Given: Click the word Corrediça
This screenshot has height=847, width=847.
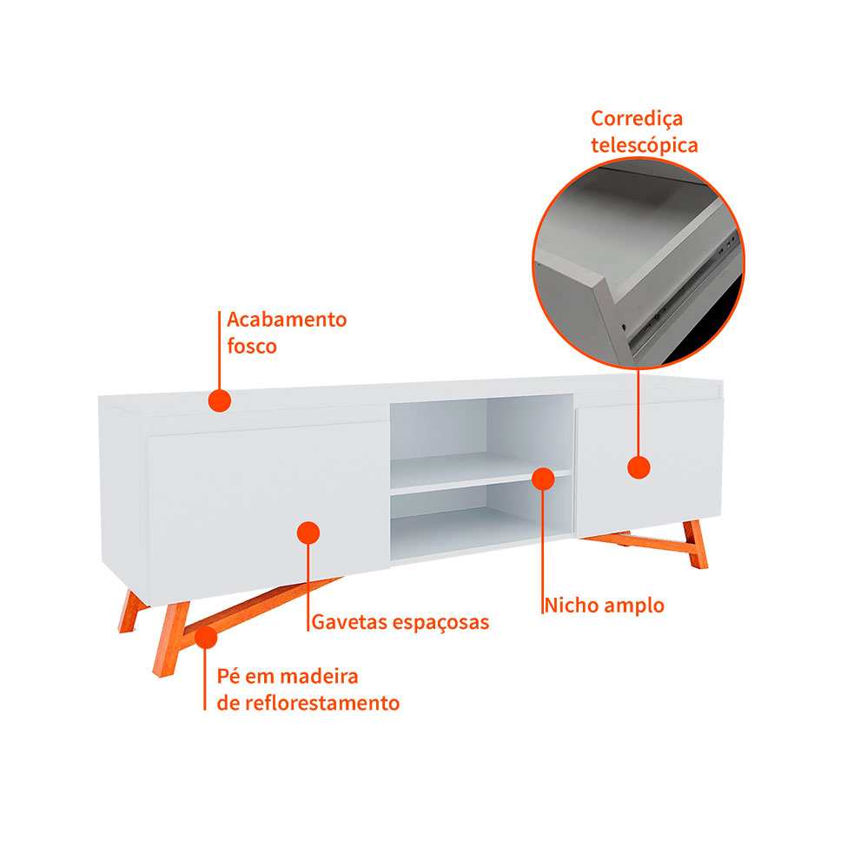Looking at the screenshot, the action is [x=636, y=119].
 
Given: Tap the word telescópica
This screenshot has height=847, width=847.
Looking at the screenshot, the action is [x=644, y=145].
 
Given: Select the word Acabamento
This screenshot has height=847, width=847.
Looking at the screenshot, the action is [x=287, y=319].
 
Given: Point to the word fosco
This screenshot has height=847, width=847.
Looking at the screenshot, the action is [x=252, y=346].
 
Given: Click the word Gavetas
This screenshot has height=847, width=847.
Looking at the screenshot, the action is [x=349, y=622].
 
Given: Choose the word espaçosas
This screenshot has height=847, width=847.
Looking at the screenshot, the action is [x=440, y=623].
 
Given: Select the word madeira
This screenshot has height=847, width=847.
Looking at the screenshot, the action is [x=319, y=677].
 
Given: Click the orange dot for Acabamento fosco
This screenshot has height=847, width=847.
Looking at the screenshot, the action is [x=219, y=400].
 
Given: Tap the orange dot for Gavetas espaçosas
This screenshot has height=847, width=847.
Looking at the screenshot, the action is [x=308, y=533].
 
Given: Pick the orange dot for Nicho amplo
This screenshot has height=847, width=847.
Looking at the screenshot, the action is [x=543, y=479].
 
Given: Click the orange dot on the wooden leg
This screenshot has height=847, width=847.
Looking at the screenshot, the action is [x=206, y=638].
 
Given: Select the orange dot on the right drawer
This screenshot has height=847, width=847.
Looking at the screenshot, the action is [x=639, y=467].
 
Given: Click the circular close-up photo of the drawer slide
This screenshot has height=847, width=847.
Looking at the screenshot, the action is [x=639, y=263].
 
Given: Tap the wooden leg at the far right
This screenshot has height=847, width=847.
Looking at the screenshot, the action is [x=695, y=544].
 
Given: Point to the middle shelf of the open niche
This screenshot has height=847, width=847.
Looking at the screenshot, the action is [x=480, y=473].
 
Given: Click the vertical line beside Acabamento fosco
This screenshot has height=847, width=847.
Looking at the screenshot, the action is [x=219, y=350].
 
